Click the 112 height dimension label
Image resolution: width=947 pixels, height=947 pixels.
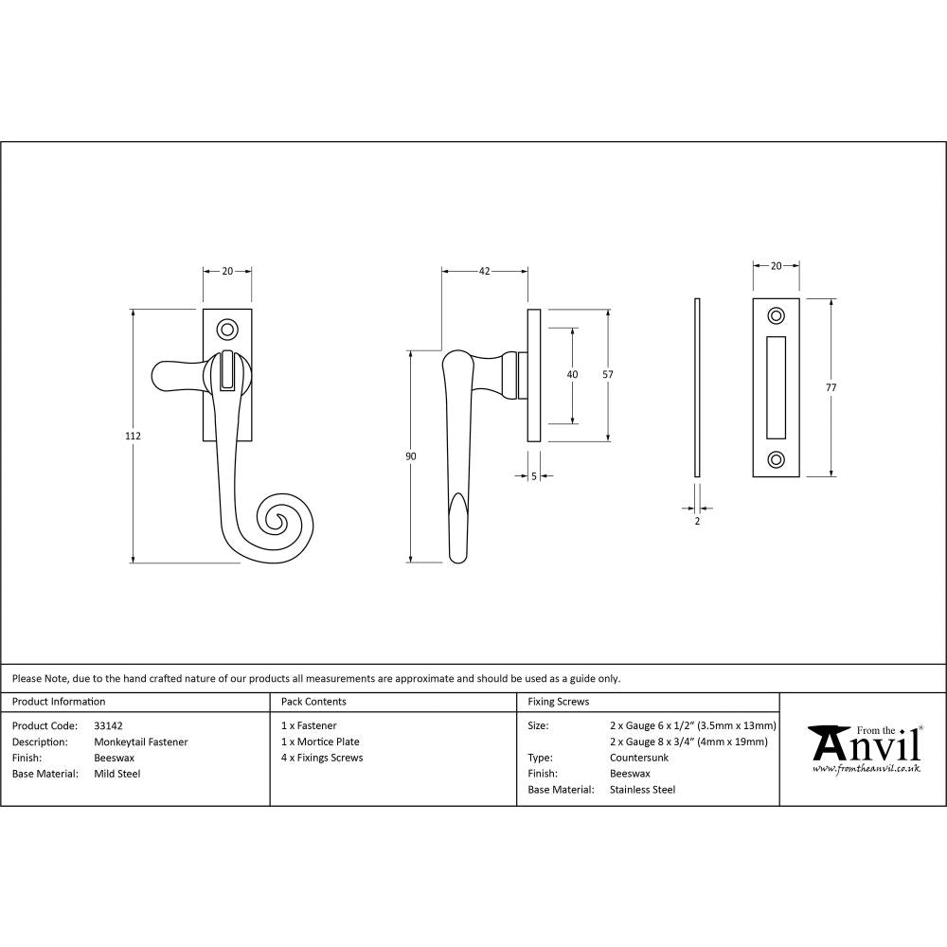point(133,437)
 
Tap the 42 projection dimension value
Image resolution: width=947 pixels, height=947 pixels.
point(484,272)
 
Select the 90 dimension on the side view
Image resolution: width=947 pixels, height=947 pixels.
point(410,456)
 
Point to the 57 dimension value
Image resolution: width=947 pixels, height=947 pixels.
point(608,375)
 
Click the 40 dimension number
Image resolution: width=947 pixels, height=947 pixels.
point(572,375)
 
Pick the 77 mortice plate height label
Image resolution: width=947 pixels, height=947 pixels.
point(831,387)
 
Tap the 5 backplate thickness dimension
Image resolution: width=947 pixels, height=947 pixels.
point(534,476)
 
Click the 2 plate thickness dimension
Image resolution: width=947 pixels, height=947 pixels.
point(697,521)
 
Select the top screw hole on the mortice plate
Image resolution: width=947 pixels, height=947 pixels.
point(777,315)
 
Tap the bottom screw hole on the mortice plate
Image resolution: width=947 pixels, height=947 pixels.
point(777,459)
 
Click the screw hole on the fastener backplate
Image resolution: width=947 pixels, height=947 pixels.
point(227,329)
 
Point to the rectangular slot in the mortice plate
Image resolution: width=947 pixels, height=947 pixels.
point(777,387)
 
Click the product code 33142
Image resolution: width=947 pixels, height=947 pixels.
point(109,725)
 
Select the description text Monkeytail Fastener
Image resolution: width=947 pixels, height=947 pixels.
point(141,742)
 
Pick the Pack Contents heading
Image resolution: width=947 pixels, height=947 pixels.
point(313,702)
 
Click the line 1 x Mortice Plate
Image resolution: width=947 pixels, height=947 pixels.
point(320,742)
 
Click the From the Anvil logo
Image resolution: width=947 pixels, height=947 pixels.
point(864,748)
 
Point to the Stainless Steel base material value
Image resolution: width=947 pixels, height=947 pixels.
point(642,789)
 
